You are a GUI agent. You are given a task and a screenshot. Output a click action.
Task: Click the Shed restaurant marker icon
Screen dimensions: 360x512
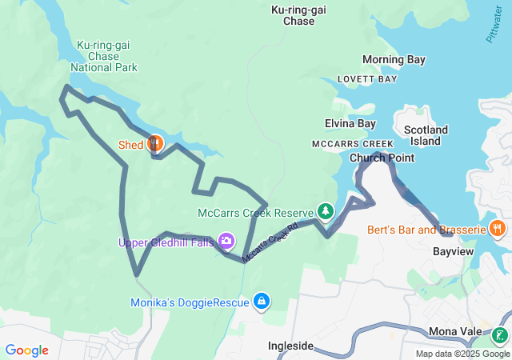click(x=155, y=144)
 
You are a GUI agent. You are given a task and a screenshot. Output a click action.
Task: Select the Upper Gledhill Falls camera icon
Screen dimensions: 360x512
click(x=226, y=241)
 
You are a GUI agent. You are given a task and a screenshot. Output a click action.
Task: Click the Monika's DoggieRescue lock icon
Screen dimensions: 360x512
click(x=260, y=301)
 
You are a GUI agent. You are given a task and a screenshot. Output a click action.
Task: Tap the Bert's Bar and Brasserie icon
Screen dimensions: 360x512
click(x=498, y=229)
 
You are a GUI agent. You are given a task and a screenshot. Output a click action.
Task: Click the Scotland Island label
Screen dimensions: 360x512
click(x=426, y=135)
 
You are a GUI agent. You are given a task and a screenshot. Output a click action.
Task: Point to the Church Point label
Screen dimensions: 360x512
click(x=382, y=158)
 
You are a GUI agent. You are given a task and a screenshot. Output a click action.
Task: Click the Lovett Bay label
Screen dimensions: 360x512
click(x=367, y=79)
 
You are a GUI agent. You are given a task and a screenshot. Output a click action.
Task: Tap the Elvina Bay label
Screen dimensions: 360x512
click(x=350, y=123)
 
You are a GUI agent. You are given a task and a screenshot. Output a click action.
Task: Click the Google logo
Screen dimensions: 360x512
click(x=26, y=350)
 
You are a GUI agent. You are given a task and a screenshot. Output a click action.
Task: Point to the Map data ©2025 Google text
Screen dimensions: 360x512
click(x=462, y=354)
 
